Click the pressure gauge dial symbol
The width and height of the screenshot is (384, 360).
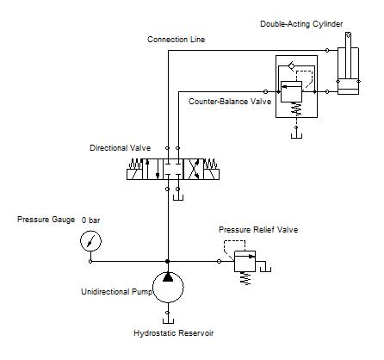pyautogui.click(x=90, y=241)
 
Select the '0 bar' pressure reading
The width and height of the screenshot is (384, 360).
pyautogui.click(x=90, y=220)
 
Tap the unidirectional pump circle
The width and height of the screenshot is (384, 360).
pyautogui.click(x=168, y=287)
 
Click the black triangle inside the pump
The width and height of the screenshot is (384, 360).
pyautogui.click(x=168, y=276)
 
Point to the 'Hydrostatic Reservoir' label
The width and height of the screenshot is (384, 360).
pyautogui.click(x=174, y=333)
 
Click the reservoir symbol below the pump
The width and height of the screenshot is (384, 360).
pyautogui.click(x=168, y=320)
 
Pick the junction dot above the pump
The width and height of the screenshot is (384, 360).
pyautogui.click(x=168, y=261)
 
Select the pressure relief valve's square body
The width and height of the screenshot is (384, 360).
pyautogui.click(x=245, y=261)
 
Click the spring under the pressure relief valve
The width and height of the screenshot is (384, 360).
pyautogui.click(x=245, y=278)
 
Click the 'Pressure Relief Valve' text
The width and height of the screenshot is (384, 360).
pyautogui.click(x=258, y=230)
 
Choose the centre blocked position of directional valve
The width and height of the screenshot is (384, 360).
pyautogui.click(x=173, y=169)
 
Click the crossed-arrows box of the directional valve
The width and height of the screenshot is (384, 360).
pyautogui.click(x=194, y=169)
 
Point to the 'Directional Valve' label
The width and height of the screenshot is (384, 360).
pyautogui.click(x=121, y=148)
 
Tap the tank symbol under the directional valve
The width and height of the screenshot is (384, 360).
pyautogui.click(x=178, y=197)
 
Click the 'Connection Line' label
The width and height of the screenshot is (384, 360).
pyautogui.click(x=177, y=40)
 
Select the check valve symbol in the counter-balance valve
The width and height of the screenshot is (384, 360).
pyautogui.click(x=292, y=65)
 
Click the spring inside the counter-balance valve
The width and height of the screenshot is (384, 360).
pyautogui.click(x=297, y=109)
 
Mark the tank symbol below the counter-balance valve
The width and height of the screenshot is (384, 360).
pyautogui.click(x=296, y=135)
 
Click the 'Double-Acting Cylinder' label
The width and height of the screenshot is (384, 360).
pyautogui.click(x=301, y=24)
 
